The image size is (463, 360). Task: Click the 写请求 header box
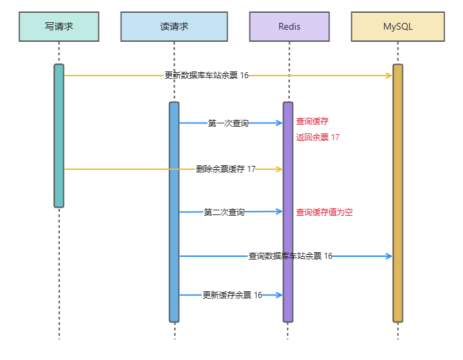[59, 26]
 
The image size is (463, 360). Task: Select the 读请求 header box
[174, 26]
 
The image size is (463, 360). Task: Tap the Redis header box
[289, 26]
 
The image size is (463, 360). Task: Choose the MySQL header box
[398, 26]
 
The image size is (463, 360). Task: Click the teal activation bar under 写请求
[59, 136]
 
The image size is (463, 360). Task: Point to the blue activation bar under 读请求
[174, 212]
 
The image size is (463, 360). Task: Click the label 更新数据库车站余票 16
[206, 76]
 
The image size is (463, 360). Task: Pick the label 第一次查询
[228, 123]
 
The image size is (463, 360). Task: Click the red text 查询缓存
[312, 121]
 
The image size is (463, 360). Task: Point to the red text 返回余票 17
[317, 138]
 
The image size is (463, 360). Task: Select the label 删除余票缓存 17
[226, 169]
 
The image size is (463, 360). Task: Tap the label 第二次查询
[224, 212]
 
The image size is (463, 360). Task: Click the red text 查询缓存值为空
[324, 212]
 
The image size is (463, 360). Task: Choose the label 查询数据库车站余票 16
[290, 256]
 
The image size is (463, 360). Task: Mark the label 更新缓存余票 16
[233, 295]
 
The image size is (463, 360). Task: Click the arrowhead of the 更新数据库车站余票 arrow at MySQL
[389, 76]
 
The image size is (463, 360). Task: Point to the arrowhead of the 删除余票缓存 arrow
[279, 169]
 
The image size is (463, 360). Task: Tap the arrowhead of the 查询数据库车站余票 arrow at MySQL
[389, 256]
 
